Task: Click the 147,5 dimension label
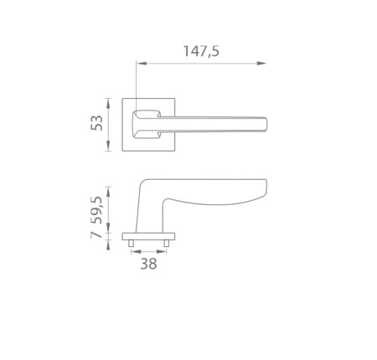click(201, 51)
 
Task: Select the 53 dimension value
click(97, 123)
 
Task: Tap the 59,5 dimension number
click(97, 210)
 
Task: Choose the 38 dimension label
click(148, 264)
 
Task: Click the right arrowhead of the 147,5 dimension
click(261, 64)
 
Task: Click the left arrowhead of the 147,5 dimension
click(142, 64)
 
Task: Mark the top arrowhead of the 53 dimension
click(108, 103)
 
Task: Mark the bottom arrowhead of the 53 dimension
click(108, 146)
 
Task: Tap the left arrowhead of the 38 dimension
click(136, 252)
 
